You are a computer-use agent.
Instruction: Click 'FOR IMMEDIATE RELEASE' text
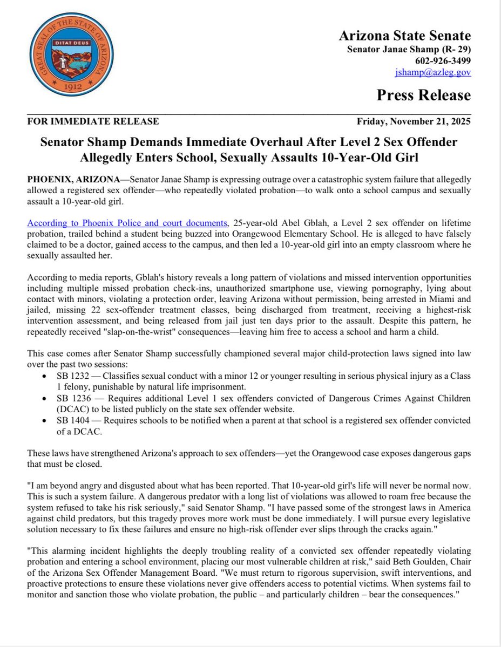(93, 121)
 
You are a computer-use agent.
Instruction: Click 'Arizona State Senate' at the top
(404, 36)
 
